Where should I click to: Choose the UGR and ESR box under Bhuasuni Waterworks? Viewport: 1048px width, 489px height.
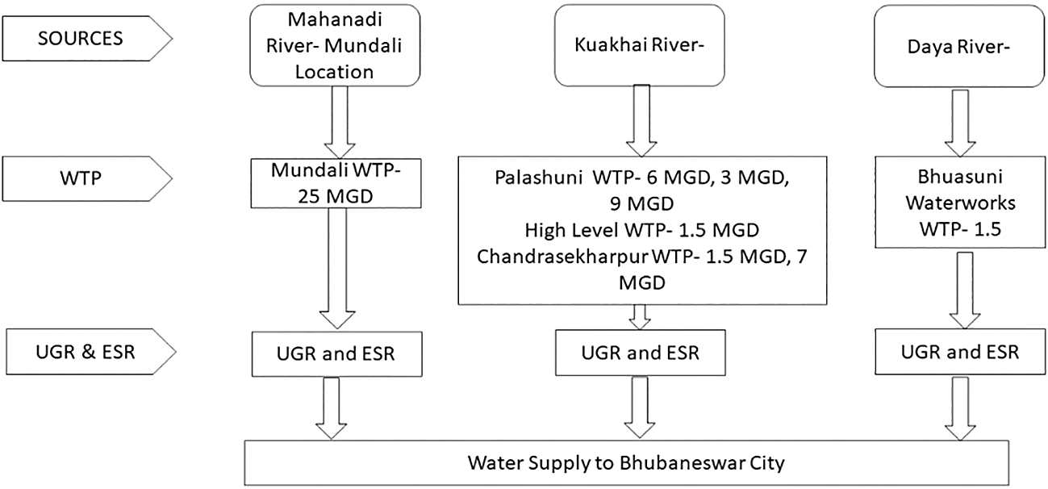[x=958, y=352]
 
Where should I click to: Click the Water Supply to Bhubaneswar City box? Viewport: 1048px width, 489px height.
[x=625, y=464]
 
